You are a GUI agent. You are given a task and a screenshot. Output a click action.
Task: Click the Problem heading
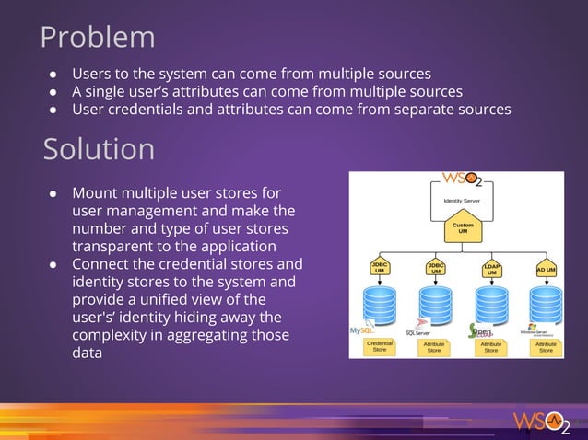[x=98, y=37]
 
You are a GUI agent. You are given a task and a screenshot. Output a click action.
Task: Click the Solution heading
[x=99, y=148]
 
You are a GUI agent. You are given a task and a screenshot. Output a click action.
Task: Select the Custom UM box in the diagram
[x=463, y=227]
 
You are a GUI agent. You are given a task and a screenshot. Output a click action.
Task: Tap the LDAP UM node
[x=491, y=269]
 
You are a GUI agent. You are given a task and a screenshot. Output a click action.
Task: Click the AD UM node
[x=546, y=270]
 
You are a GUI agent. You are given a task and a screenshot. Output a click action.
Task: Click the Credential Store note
[x=380, y=346]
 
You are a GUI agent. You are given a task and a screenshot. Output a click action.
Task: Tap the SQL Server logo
[x=420, y=329]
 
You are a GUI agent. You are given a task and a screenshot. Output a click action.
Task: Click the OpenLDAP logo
[x=485, y=329]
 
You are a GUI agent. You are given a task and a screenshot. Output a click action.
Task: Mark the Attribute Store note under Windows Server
[x=546, y=346]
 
